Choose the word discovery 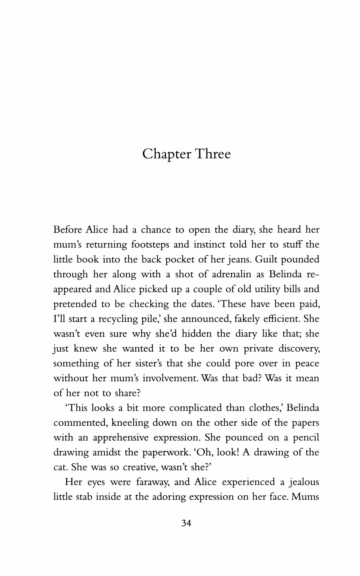299,349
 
